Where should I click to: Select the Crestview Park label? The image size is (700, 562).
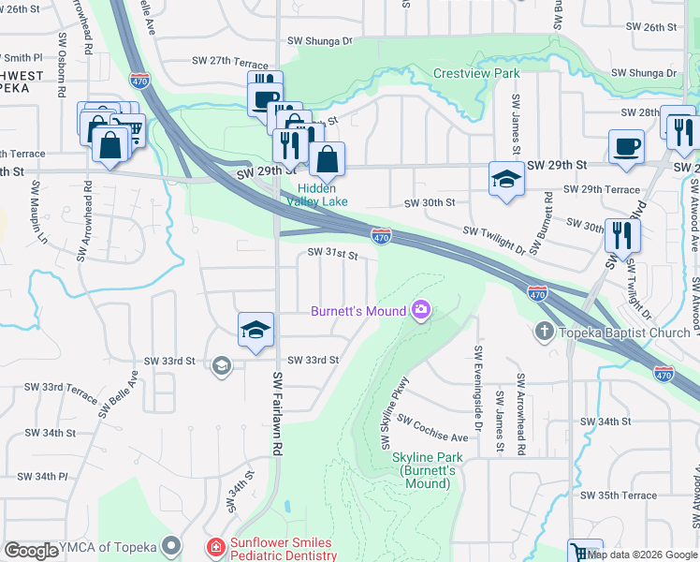point(476,72)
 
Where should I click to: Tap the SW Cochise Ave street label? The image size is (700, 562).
point(432,428)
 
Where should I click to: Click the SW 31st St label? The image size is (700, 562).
point(334,254)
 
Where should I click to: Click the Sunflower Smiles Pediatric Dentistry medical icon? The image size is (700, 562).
point(215,546)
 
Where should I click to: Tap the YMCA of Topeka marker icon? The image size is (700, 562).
point(170,545)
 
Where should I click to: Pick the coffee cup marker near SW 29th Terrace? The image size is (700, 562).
point(626,147)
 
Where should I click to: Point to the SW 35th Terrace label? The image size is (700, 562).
point(619,495)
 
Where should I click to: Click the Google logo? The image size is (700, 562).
point(32,552)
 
